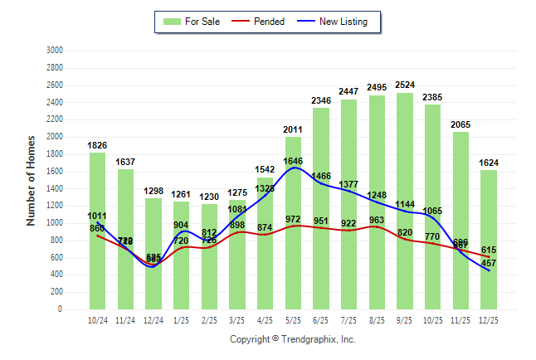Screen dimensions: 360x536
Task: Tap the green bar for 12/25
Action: point(489,240)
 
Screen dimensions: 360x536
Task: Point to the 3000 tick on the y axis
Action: point(55,51)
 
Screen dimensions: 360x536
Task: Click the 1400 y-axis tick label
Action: point(55,188)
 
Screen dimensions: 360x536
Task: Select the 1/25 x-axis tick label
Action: point(182,319)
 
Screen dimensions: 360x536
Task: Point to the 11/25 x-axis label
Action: point(460,319)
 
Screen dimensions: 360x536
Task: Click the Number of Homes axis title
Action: point(31,180)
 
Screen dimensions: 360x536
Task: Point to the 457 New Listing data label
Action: point(489,263)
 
